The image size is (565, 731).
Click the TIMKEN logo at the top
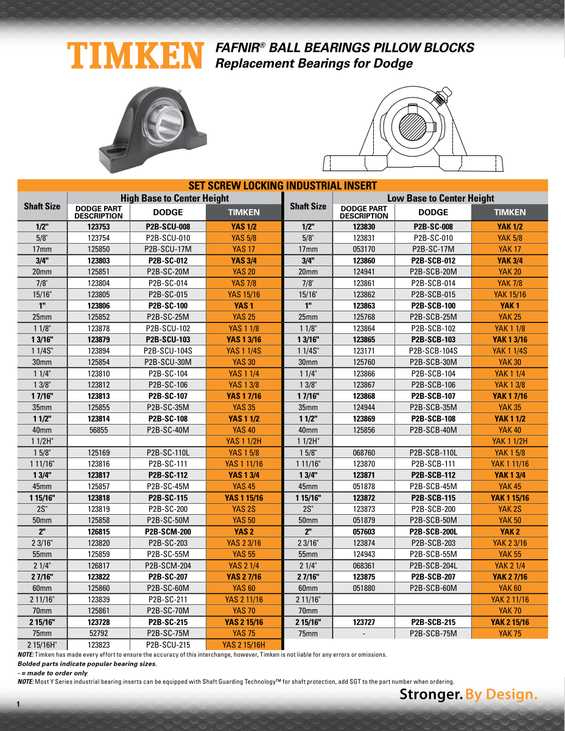click(x=135, y=55)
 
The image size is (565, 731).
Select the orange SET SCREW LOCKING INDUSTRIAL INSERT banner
click(x=282, y=186)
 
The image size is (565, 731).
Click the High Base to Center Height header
click(x=175, y=198)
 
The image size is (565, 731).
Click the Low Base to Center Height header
click(x=440, y=198)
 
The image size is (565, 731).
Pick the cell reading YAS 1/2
click(x=244, y=227)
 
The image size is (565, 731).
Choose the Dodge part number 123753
click(x=98, y=227)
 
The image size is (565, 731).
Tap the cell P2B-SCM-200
click(x=167, y=532)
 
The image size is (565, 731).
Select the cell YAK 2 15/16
click(x=510, y=623)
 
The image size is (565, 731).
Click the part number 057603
click(x=363, y=532)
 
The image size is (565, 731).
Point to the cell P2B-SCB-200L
click(x=433, y=532)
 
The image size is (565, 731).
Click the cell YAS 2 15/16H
click(x=244, y=645)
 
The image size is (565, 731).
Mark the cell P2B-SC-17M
click(x=433, y=249)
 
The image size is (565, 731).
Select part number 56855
click(x=98, y=430)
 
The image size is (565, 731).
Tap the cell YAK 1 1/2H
click(x=510, y=441)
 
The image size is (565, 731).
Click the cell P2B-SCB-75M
click(x=433, y=634)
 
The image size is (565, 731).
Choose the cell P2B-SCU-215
click(x=167, y=645)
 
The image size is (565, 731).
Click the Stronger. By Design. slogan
click(x=468, y=694)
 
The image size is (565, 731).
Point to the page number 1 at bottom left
click(x=19, y=704)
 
